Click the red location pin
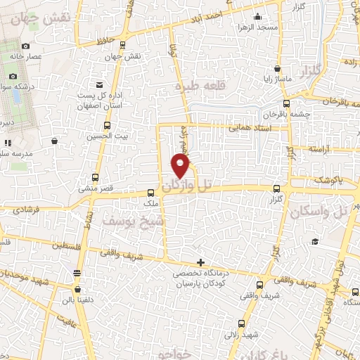click(x=181, y=166)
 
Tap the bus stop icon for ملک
click(x=150, y=193)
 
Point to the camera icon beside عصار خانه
click(x=26, y=46)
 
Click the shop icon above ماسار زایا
click(x=279, y=70)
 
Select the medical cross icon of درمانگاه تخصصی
click(x=201, y=262)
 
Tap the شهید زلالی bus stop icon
click(x=242, y=325)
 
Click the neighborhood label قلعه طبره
click(x=198, y=86)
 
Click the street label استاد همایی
click(x=249, y=129)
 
